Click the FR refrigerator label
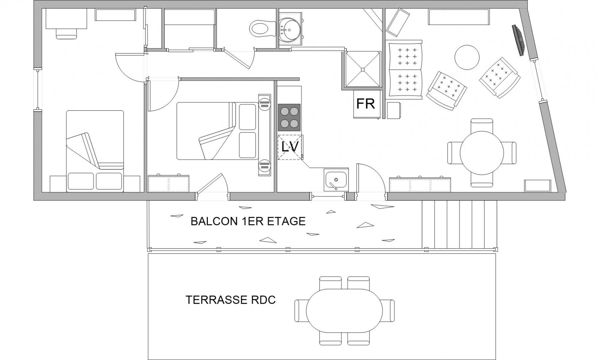(366, 104)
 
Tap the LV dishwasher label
(290, 147)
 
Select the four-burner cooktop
(289, 117)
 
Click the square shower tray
(363, 69)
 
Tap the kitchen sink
(336, 180)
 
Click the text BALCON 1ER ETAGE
(248, 221)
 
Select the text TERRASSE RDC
(230, 300)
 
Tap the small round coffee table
(467, 57)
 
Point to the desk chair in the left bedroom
(66, 33)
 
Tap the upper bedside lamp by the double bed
(264, 104)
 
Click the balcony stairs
(460, 224)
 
